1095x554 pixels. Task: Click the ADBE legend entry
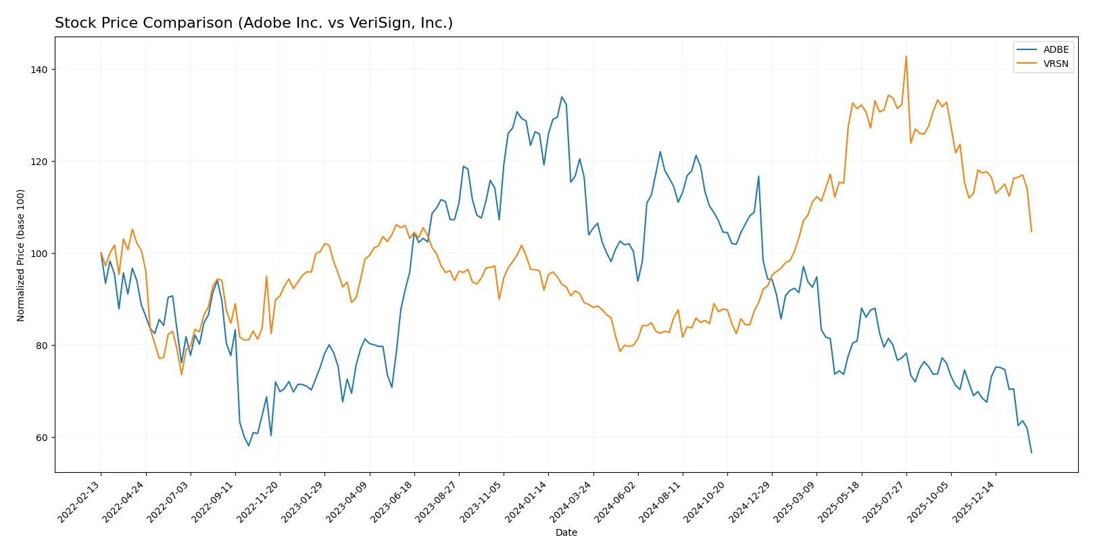click(1055, 49)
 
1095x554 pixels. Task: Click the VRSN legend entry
click(1055, 64)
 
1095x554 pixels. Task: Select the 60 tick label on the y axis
click(42, 438)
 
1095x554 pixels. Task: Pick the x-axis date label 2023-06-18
click(393, 501)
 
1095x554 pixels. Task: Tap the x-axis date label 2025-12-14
click(974, 501)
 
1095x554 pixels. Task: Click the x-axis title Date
click(566, 532)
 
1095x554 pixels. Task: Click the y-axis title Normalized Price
click(21, 255)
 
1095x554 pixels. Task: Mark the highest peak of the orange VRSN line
click(906, 56)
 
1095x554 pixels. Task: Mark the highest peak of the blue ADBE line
click(562, 97)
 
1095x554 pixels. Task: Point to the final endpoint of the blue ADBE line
click(1031, 453)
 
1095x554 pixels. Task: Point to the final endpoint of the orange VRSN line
click(1031, 232)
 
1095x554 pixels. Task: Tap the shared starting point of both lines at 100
click(101, 253)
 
